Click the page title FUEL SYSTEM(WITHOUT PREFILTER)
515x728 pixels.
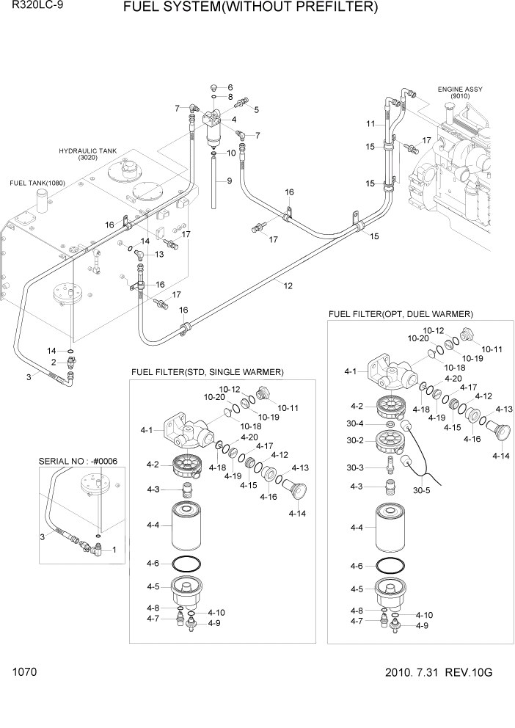(250, 9)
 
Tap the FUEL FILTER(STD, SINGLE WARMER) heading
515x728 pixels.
(208, 372)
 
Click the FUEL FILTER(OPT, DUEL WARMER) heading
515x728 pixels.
(401, 314)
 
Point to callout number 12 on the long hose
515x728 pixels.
(287, 286)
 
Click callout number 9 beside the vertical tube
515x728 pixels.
(228, 181)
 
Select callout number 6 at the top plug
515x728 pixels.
(230, 87)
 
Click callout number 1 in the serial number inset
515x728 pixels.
(114, 549)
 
